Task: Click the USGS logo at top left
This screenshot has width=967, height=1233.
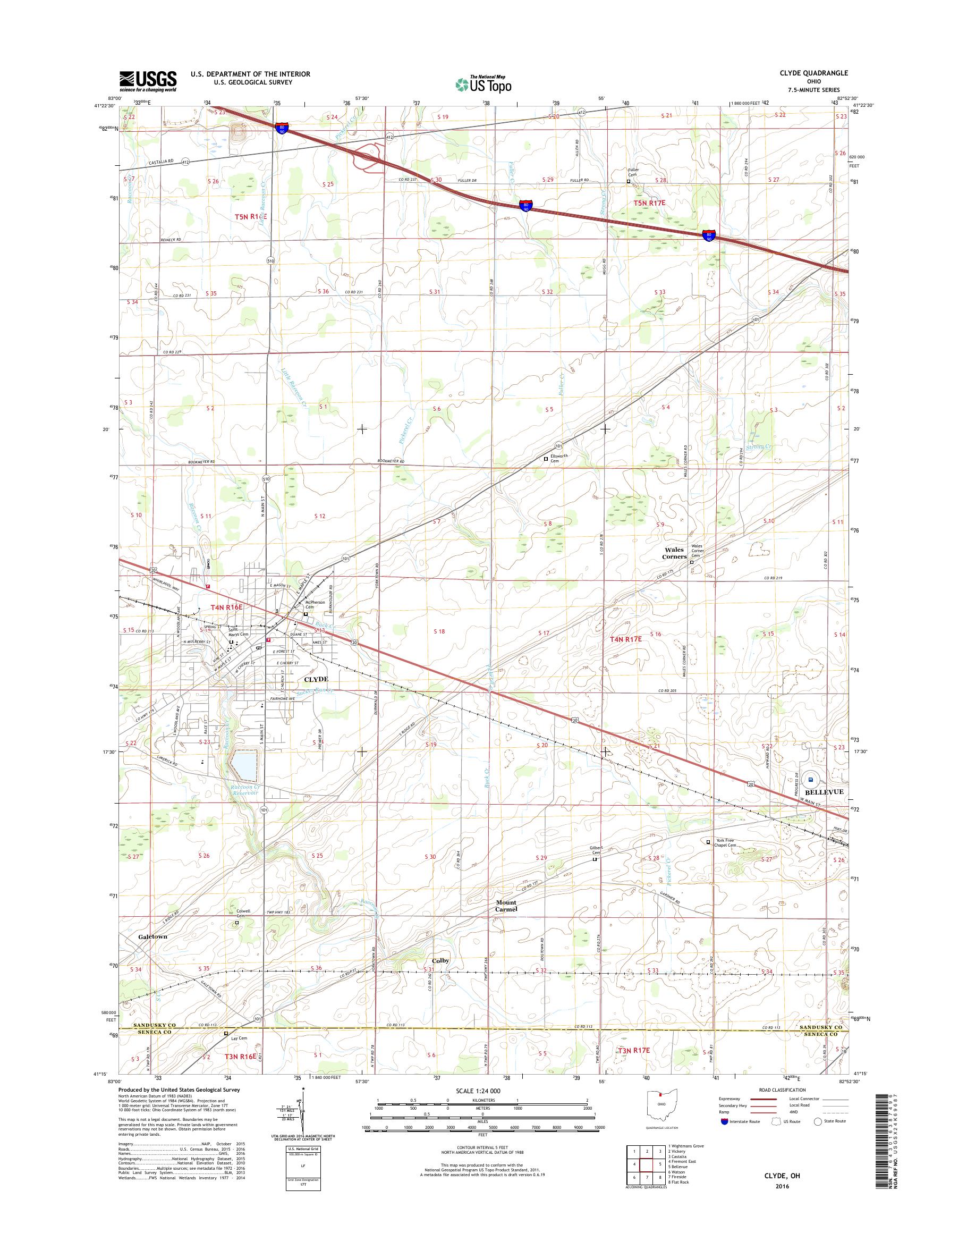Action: (x=148, y=81)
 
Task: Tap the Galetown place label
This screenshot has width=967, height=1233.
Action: (x=152, y=937)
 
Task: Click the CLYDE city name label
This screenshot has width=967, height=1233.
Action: (x=316, y=679)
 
